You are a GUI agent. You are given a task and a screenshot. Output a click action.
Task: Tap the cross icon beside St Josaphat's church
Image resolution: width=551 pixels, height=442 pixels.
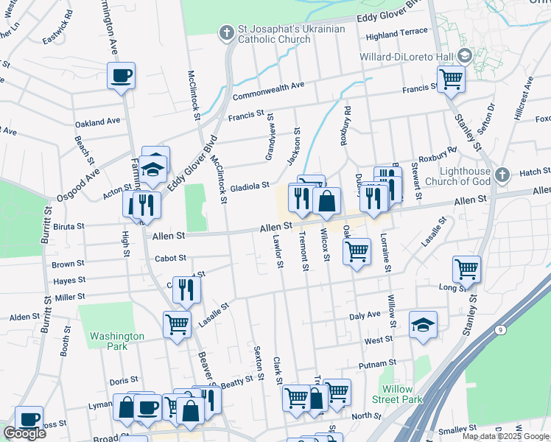click(x=226, y=31)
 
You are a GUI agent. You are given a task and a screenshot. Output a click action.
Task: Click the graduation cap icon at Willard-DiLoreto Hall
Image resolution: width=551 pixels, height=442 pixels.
click(x=465, y=56)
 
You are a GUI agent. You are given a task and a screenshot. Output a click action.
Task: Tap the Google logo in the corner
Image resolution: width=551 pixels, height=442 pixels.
click(x=24, y=433)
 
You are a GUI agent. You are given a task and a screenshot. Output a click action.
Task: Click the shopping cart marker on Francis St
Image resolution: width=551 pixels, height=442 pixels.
click(x=450, y=77)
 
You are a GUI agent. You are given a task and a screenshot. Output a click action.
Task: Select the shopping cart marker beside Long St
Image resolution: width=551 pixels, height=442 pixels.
click(x=467, y=269)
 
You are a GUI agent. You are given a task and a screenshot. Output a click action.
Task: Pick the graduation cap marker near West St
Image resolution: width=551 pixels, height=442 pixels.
click(x=422, y=325)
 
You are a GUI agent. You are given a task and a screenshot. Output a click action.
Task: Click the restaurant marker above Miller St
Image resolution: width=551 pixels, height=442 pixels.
click(x=186, y=290)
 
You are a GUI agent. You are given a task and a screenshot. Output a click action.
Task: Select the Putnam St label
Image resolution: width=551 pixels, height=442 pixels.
click(x=378, y=363)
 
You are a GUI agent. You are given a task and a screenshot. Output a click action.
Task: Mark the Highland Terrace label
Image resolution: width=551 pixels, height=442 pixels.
click(x=396, y=32)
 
